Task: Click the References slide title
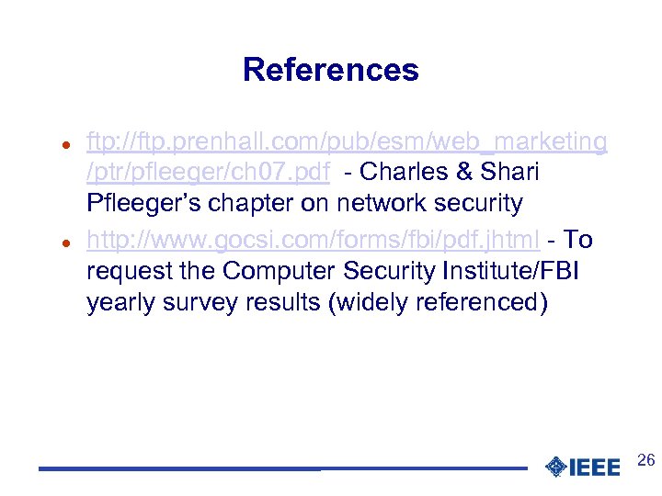[x=330, y=70]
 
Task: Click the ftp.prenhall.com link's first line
[x=347, y=141]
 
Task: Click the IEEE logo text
[x=595, y=468]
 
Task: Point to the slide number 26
[x=645, y=460]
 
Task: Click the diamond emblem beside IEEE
[x=555, y=468]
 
